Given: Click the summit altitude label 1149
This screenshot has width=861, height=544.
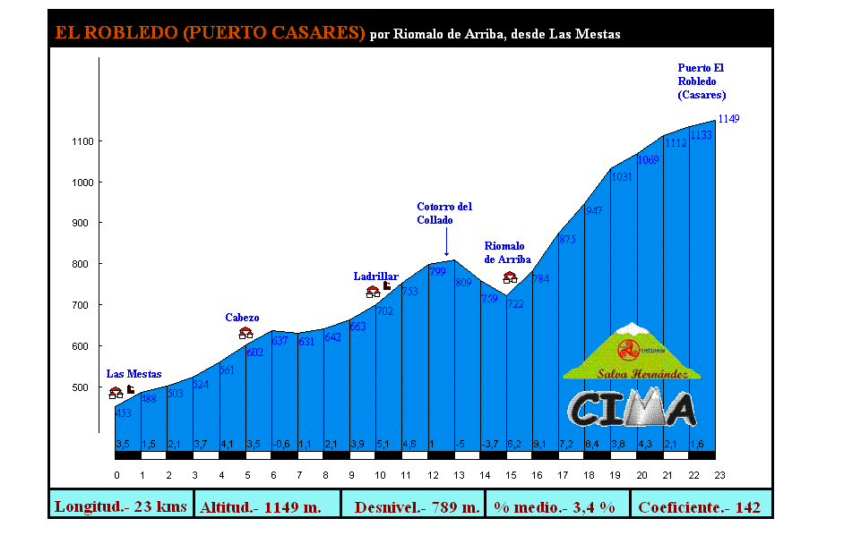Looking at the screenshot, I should tap(728, 119).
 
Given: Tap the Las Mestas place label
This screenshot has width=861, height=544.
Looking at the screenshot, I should tap(133, 374).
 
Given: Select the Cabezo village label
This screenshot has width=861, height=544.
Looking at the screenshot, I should tap(242, 318).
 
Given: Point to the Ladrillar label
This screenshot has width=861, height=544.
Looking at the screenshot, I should tap(375, 276).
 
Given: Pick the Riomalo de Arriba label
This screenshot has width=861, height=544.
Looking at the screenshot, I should tap(507, 253).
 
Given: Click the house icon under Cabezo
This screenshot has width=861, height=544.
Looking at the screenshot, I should tap(245, 334).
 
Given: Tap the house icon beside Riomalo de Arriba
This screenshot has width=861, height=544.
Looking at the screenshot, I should tap(510, 278).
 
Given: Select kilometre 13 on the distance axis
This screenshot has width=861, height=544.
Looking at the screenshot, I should tap(459, 475).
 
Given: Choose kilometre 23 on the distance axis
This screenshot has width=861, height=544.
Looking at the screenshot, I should tap(719, 475).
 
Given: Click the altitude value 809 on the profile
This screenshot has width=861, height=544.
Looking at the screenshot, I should tap(463, 283).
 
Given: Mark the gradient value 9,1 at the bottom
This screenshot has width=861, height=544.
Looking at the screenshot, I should tap(539, 444).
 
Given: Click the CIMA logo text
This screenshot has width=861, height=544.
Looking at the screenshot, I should tap(632, 408).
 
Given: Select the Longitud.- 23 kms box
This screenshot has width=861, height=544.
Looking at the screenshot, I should tap(121, 507).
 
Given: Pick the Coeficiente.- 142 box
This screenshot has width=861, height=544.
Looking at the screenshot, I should tap(699, 507).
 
